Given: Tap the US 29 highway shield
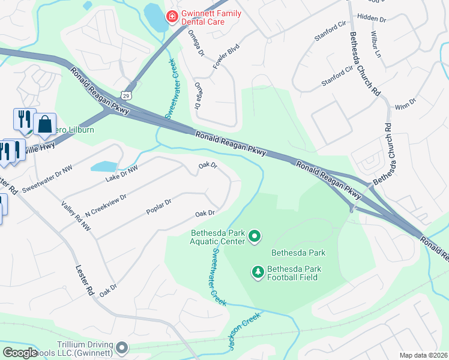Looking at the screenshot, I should [125, 95].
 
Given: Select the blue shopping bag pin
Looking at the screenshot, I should [45, 124].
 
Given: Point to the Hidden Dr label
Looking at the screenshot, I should [371, 19].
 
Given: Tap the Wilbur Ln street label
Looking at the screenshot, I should [377, 44].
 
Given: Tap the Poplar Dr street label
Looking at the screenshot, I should [159, 207].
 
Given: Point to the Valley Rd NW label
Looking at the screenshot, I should [76, 216].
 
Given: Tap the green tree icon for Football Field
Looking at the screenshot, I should [258, 273].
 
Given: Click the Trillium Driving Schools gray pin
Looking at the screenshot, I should [122, 348].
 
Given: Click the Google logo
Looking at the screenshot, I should [20, 353].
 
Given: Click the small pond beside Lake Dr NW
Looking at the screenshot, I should [103, 166].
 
